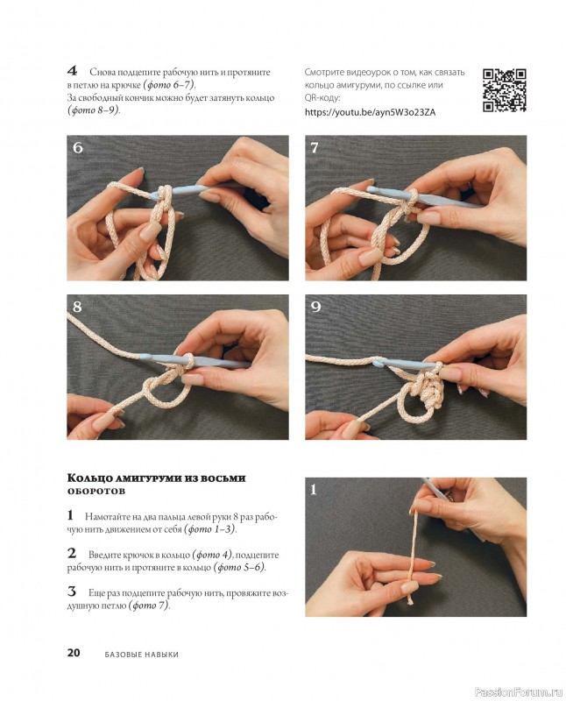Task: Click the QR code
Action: pyautogui.click(x=505, y=90)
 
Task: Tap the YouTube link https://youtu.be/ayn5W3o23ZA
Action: pyautogui.click(x=370, y=112)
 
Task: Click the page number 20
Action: pyautogui.click(x=74, y=652)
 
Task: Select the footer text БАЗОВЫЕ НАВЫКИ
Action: pyautogui.click(x=142, y=654)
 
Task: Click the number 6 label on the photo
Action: pyautogui.click(x=78, y=147)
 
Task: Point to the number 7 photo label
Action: pyautogui.click(x=315, y=147)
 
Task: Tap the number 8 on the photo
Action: pyautogui.click(x=77, y=307)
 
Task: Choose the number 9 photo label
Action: pyautogui.click(x=315, y=307)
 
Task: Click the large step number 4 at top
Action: pyautogui.click(x=73, y=71)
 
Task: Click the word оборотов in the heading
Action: pyautogui.click(x=96, y=491)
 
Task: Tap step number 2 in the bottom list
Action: pyautogui.click(x=72, y=554)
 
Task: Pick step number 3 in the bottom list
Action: pyautogui.click(x=72, y=591)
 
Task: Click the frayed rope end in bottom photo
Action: pyautogui.click(x=409, y=599)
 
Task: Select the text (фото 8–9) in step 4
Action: pyautogui.click(x=94, y=110)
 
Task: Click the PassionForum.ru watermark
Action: pyautogui.click(x=518, y=692)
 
